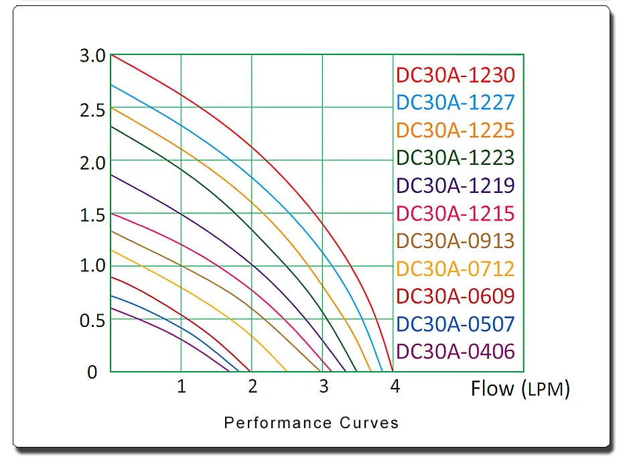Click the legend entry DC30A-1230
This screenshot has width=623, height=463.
pyautogui.click(x=456, y=75)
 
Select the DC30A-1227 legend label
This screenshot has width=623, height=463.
pyautogui.click(x=456, y=103)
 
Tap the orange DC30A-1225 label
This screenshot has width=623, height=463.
pyautogui.click(x=456, y=131)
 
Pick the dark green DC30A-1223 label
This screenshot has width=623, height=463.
pyautogui.click(x=456, y=157)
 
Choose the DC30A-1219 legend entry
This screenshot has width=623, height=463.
pyautogui.click(x=456, y=186)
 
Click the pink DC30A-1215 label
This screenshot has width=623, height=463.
pyautogui.click(x=456, y=214)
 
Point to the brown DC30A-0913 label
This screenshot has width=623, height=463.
pyautogui.click(x=456, y=241)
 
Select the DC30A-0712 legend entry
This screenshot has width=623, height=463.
pyautogui.click(x=456, y=269)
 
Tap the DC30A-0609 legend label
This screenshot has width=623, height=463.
pyautogui.click(x=456, y=296)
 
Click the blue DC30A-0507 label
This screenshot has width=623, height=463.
pyautogui.click(x=456, y=324)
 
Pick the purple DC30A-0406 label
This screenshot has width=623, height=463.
pyautogui.click(x=456, y=351)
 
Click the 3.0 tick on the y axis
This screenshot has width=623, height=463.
pyautogui.click(x=92, y=56)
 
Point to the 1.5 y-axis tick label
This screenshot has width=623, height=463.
pyautogui.click(x=92, y=215)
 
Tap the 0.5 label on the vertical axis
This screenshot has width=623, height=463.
pyautogui.click(x=92, y=321)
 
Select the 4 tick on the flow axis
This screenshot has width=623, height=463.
pyautogui.click(x=395, y=387)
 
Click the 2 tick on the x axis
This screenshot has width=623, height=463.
pyautogui.click(x=253, y=387)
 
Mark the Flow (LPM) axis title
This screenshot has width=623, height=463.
pyautogui.click(x=520, y=389)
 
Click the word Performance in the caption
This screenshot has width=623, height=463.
pyautogui.click(x=278, y=423)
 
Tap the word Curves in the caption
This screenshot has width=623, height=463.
pyautogui.click(x=369, y=423)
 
